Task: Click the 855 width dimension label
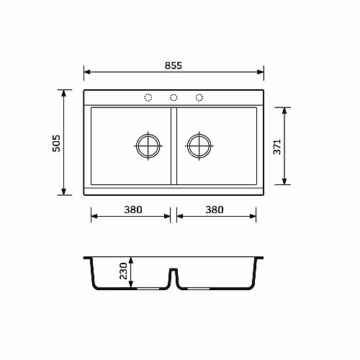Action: [174, 66]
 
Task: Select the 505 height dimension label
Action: [56, 143]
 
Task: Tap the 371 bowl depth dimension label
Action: [277, 147]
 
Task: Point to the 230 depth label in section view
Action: [123, 271]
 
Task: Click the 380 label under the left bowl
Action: [133, 210]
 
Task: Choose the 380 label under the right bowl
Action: [215, 210]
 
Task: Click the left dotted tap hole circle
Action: [148, 98]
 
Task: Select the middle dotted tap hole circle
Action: [174, 98]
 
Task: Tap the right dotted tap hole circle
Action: [199, 98]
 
